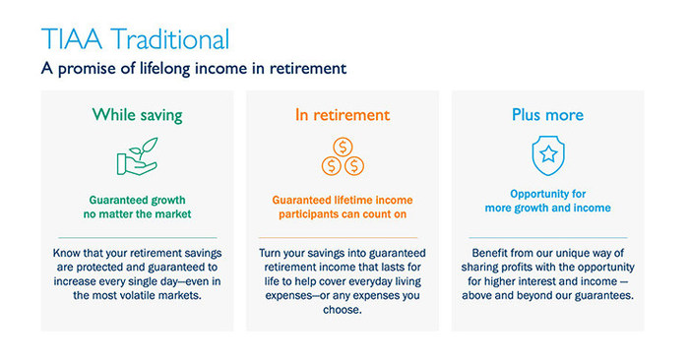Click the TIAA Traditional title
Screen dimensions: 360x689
pos(135,39)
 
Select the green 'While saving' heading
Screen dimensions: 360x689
pos(137,115)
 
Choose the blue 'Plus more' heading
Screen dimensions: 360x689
pos(547,115)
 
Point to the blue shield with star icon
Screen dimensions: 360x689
pos(547,155)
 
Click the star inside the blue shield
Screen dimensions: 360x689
pos(547,154)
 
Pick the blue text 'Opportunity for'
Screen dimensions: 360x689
pos(547,194)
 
